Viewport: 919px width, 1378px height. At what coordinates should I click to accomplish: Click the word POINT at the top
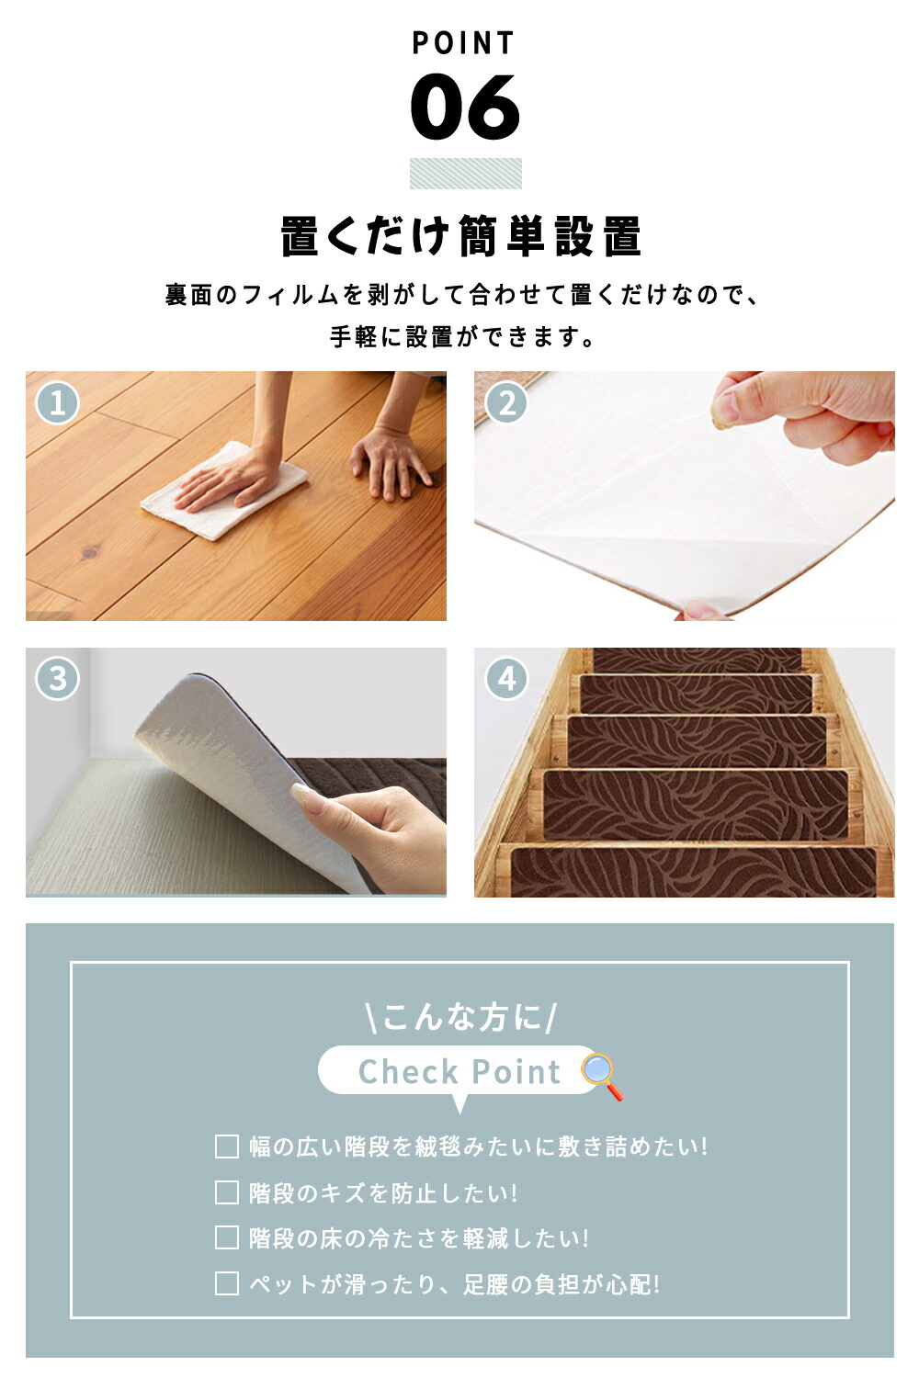click(463, 43)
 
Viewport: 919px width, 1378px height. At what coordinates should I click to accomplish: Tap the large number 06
click(465, 107)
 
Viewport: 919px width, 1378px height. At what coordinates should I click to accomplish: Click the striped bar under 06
click(465, 174)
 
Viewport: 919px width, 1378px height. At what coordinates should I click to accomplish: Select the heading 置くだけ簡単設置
click(461, 236)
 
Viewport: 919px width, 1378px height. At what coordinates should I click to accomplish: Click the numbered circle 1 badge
click(57, 403)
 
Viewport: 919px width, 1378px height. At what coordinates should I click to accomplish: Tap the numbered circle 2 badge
click(506, 403)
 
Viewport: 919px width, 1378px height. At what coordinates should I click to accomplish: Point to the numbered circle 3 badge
click(57, 679)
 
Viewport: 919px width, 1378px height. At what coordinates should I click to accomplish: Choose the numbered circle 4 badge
click(506, 679)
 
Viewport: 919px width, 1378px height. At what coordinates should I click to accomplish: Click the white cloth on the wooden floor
click(224, 491)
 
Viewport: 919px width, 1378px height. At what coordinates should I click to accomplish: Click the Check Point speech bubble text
click(459, 1072)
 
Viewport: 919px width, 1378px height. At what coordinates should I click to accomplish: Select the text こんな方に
click(461, 1016)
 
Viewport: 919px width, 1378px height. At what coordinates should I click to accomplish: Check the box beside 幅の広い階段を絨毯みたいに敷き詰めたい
click(226, 1146)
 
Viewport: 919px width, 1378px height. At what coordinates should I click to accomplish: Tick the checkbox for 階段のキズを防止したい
click(226, 1192)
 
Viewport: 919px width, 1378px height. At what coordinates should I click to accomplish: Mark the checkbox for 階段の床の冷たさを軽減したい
click(226, 1237)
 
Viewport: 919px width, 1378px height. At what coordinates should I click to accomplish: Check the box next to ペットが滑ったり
click(226, 1283)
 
